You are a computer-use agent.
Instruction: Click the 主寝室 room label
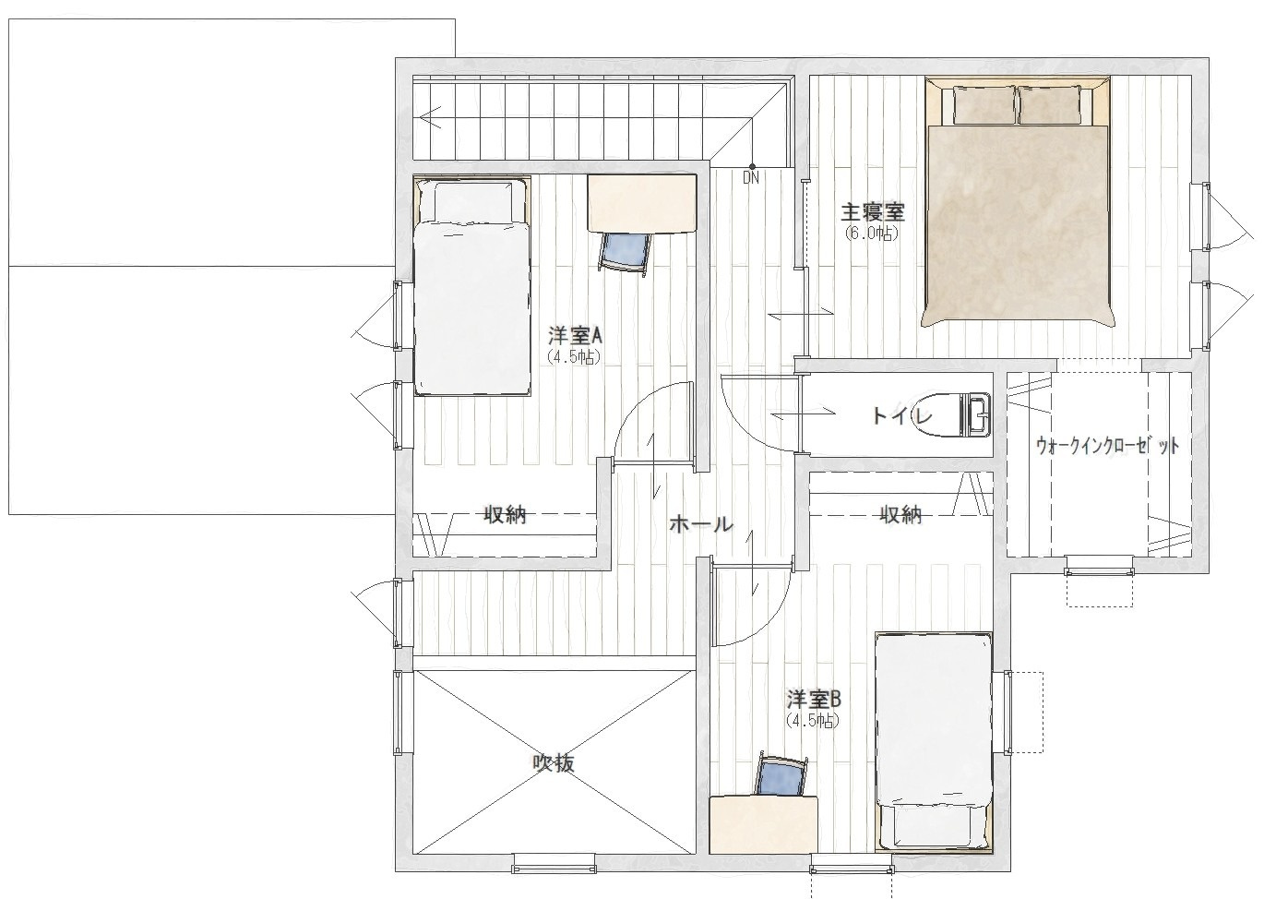[873, 213]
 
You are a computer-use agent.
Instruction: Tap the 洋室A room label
[575, 337]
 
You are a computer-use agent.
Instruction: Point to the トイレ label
[901, 416]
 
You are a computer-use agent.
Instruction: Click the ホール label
[701, 525]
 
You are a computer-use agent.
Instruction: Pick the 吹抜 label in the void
[554, 763]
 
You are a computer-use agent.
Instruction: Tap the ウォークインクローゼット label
[1107, 446]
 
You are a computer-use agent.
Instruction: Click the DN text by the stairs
[750, 178]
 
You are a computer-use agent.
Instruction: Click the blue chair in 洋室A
[625, 254]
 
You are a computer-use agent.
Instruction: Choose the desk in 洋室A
[642, 203]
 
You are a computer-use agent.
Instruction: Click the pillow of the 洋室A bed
[473, 201]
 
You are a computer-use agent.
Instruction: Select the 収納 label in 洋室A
[505, 515]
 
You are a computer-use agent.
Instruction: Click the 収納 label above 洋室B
[901, 515]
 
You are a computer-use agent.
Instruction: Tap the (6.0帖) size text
[871, 234]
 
